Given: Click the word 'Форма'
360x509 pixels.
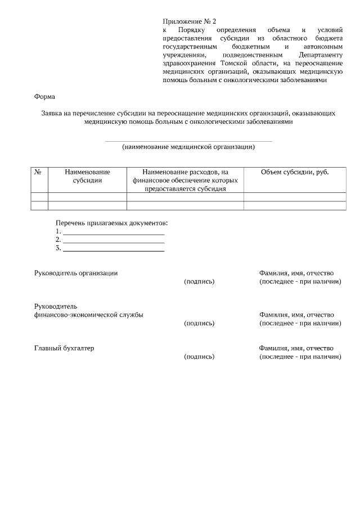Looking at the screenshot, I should click(x=45, y=96).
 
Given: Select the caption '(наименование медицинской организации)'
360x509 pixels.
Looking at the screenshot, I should click(x=188, y=147).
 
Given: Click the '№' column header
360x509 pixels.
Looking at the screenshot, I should click(x=39, y=172).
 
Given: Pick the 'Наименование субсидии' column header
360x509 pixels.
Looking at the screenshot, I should click(x=87, y=176).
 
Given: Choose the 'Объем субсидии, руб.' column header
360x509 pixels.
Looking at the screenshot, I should click(x=295, y=172).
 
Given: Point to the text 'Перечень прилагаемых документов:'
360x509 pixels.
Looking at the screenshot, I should click(x=112, y=223).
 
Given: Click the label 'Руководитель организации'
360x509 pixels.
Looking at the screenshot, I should click(x=76, y=273).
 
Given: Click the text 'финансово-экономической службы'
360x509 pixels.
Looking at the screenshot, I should click(x=89, y=315).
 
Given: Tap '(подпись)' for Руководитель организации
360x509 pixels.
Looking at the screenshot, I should click(x=199, y=281).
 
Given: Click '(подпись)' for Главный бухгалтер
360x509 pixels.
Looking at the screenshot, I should click(x=199, y=357).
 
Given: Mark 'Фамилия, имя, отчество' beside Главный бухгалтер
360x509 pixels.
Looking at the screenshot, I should click(x=296, y=348).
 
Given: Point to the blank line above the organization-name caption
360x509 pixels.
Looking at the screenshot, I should click(x=188, y=141).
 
